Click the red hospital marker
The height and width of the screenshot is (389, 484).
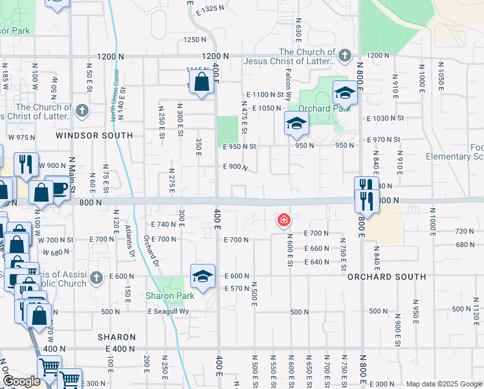point(283,220)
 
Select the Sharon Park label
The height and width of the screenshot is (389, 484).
point(170,296)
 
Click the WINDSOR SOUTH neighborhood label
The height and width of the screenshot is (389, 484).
point(94,136)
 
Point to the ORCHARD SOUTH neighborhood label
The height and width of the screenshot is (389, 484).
point(386,277)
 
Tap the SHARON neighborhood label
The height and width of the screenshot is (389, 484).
point(116,337)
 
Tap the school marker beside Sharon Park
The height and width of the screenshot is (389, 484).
point(203,277)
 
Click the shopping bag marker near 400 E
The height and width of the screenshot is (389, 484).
point(201,82)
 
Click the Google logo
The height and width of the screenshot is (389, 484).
point(21,381)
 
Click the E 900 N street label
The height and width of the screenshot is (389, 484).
point(236,167)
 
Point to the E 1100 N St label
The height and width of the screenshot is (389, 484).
point(265,95)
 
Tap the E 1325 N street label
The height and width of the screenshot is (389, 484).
point(213,8)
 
